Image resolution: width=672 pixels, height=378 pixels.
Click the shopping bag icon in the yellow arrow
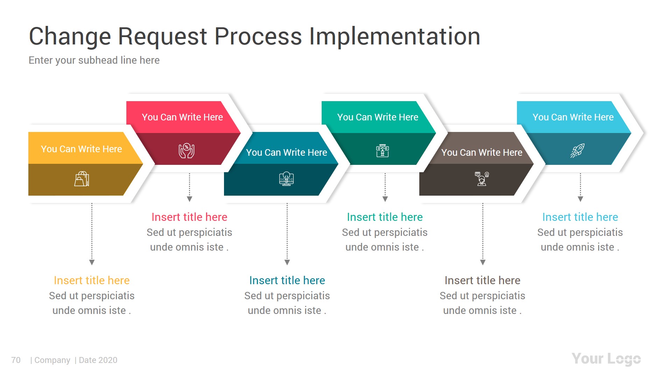82,179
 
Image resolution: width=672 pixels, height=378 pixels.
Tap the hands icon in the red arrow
187,150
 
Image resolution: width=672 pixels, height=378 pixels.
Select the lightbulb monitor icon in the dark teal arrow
286,179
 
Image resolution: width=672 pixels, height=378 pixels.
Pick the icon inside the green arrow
382,150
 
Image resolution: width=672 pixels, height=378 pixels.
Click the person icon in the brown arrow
482,179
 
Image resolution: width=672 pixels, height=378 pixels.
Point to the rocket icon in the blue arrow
577,150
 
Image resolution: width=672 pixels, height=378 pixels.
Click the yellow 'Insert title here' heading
92,280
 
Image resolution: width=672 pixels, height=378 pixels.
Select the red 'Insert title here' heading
189,217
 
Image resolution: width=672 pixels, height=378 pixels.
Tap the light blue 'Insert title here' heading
580,217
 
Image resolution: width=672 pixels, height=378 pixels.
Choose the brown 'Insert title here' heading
482,280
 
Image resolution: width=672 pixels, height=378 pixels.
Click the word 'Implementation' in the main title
394,36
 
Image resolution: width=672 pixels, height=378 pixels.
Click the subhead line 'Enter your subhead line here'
94,60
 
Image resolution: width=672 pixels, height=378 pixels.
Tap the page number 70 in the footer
16,360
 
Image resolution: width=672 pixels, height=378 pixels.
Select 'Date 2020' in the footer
98,360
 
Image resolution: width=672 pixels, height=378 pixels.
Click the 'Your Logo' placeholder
606,359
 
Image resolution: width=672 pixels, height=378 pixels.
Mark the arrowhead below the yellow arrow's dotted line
92,262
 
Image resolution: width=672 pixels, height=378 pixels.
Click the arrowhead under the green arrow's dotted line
385,199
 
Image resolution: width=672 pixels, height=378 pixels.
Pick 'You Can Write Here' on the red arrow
182,117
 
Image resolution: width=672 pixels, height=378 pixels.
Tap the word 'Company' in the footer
52,360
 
